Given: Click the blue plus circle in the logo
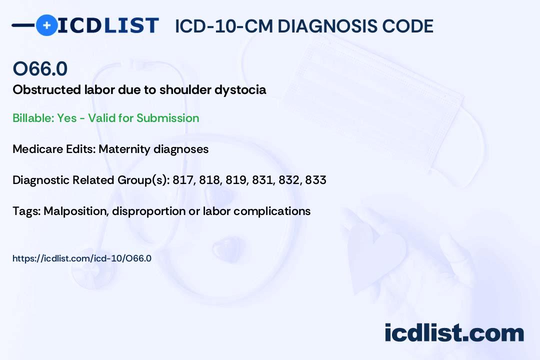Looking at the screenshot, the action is pos(46,25).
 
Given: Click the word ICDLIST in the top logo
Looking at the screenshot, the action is pos(108,25).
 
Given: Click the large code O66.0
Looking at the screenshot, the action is pos(40,68).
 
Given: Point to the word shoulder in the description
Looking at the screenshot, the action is pos(185,89).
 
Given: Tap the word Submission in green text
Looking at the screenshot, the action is pos(167,118).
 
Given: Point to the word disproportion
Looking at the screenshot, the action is pos(149,211).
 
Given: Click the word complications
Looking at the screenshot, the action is pos(272,211).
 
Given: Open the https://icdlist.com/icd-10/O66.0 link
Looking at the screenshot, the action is pos(82,258).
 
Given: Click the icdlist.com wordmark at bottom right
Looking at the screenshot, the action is pos(454,332).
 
